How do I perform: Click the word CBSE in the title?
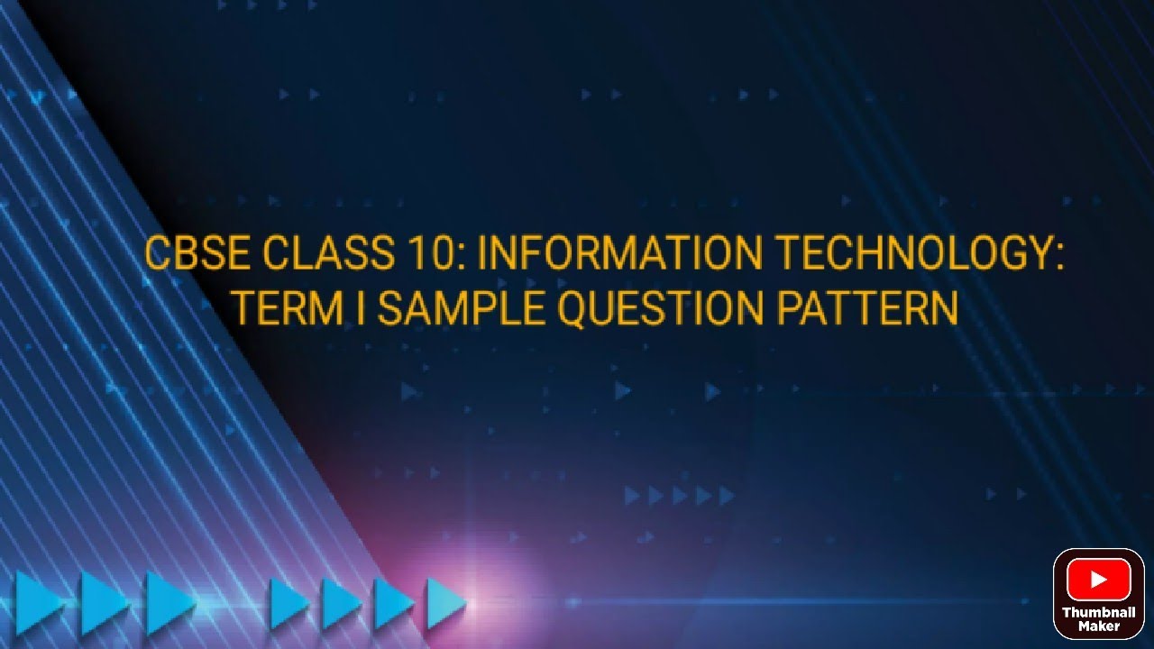coord(196,254)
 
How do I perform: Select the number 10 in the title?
coord(436,254)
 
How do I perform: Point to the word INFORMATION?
coord(619,254)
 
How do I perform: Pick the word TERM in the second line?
coord(288,308)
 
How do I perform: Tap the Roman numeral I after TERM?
coord(361,308)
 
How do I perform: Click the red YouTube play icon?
coord(1098,580)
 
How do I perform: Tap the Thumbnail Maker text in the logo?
coord(1098,619)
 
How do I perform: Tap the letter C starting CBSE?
coord(159,254)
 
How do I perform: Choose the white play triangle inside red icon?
coord(1099,580)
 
